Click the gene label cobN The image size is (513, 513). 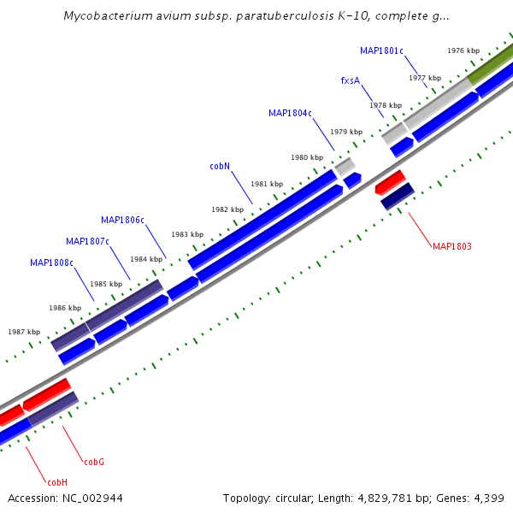pyautogui.click(x=220, y=167)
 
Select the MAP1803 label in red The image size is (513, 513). pyautogui.click(x=451, y=247)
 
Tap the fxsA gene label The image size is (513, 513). pyautogui.click(x=350, y=80)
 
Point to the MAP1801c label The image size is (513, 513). pyautogui.click(x=381, y=51)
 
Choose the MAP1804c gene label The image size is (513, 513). pyautogui.click(x=290, y=113)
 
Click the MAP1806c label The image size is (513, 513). pyautogui.click(x=122, y=220)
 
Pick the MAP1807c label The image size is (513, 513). pyautogui.click(x=87, y=241)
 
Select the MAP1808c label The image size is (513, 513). pyautogui.click(x=51, y=262)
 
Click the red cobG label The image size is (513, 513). pyautogui.click(x=94, y=463)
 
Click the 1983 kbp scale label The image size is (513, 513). pyautogui.click(x=186, y=234)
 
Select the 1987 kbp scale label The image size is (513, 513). pyautogui.click(x=24, y=332)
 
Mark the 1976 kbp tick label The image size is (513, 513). pyautogui.click(x=463, y=50)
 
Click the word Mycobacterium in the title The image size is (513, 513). pyautogui.click(x=106, y=16)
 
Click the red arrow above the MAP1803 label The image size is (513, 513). pyautogui.click(x=390, y=180)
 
